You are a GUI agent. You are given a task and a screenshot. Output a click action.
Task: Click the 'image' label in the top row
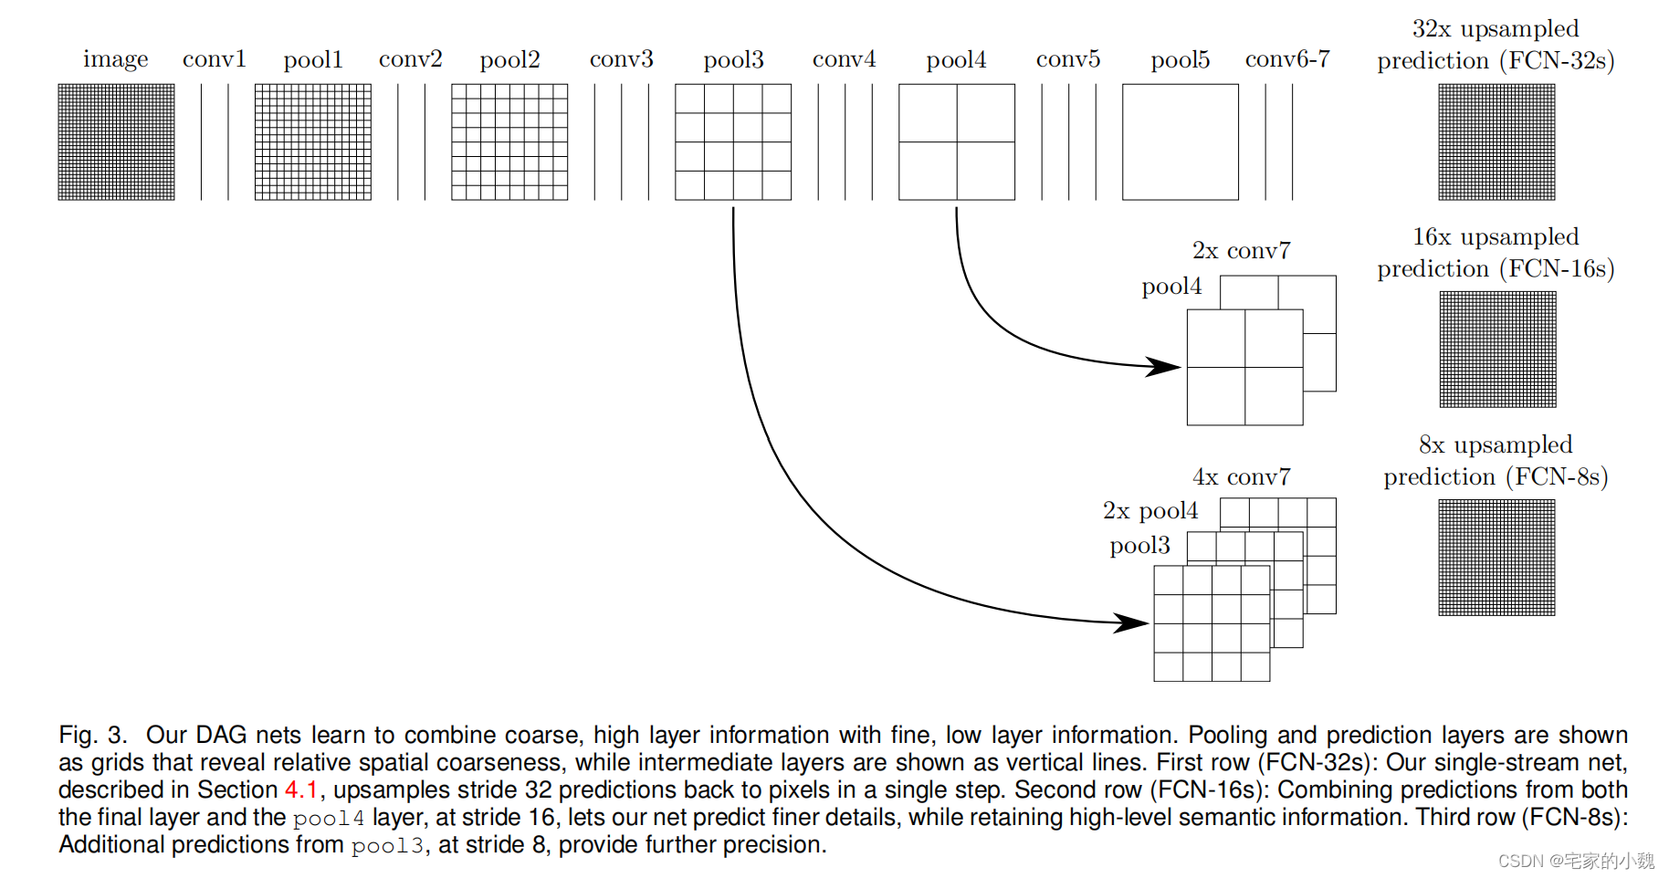115,59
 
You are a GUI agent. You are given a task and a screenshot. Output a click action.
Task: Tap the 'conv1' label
215,59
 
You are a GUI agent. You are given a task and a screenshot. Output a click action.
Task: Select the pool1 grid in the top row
313,141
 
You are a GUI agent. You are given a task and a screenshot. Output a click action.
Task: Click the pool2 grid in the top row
509,141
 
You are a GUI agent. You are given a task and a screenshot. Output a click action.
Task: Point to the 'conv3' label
621,59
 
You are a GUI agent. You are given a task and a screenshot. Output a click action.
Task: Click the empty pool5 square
1180,141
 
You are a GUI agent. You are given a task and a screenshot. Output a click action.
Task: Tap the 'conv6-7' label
1287,59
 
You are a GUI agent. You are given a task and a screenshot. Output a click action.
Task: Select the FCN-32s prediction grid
1496,141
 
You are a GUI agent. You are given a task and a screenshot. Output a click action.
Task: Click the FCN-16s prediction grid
1497,349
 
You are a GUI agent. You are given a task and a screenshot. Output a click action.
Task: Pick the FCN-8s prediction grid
1496,557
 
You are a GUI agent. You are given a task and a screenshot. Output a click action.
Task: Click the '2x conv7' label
1241,251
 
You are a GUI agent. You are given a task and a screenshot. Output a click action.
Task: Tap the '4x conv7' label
1241,477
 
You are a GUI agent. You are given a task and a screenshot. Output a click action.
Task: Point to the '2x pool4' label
1149,511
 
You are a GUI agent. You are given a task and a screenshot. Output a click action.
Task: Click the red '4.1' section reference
300,789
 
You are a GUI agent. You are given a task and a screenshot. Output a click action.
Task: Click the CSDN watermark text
1576,861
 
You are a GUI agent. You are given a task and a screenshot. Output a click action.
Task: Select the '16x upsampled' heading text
1496,237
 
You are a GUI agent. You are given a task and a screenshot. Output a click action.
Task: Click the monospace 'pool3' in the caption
387,846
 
